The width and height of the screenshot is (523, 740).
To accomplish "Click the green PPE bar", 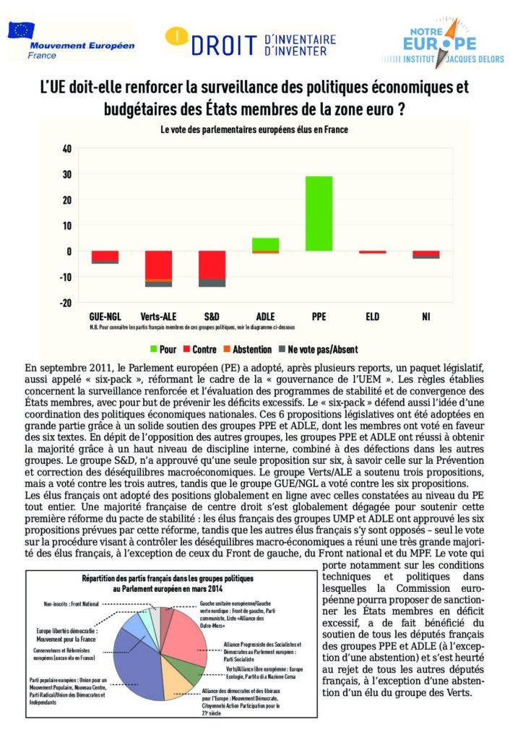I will [x=319, y=213].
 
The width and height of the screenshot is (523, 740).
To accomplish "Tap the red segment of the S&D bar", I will [x=212, y=264].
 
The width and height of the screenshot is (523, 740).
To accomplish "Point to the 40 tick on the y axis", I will [x=67, y=149].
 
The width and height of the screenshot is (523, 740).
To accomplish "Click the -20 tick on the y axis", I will [x=66, y=302].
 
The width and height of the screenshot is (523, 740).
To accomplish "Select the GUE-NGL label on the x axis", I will [x=105, y=317].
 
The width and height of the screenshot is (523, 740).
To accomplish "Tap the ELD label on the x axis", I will [x=372, y=317].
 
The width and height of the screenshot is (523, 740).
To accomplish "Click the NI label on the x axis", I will [x=425, y=317].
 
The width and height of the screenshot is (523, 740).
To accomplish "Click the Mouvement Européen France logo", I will [x=71, y=40].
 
